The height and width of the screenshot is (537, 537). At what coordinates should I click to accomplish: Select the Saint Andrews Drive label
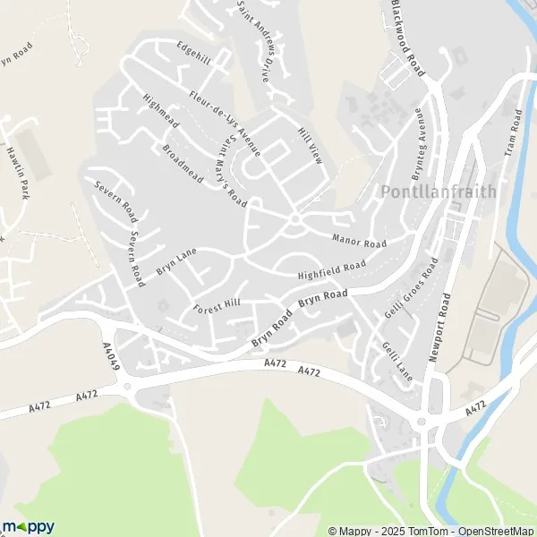coord(253,41)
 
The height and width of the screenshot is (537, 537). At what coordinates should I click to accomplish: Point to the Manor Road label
coord(359,242)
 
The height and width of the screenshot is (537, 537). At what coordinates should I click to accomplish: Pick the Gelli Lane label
coord(396,362)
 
